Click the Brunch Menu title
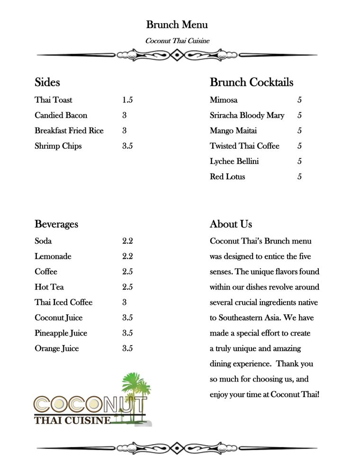tap(177, 25)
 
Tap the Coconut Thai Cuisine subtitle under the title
tap(177, 41)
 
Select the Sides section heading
tap(47, 82)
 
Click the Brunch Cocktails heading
tap(252, 82)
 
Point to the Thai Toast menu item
tap(54, 100)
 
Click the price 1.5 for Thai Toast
tap(127, 100)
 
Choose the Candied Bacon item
tap(61, 115)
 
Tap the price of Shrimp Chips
tap(127, 146)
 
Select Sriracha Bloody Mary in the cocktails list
tap(247, 115)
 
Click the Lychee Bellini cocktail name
tap(234, 161)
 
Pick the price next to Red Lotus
tap(299, 177)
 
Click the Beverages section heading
tap(56, 224)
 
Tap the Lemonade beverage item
tap(53, 256)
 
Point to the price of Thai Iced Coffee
tap(125, 302)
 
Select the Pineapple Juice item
tap(61, 333)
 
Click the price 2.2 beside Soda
tap(127, 241)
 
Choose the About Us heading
tap(231, 224)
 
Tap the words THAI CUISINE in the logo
tap(72, 420)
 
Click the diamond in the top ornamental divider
tap(177, 55)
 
